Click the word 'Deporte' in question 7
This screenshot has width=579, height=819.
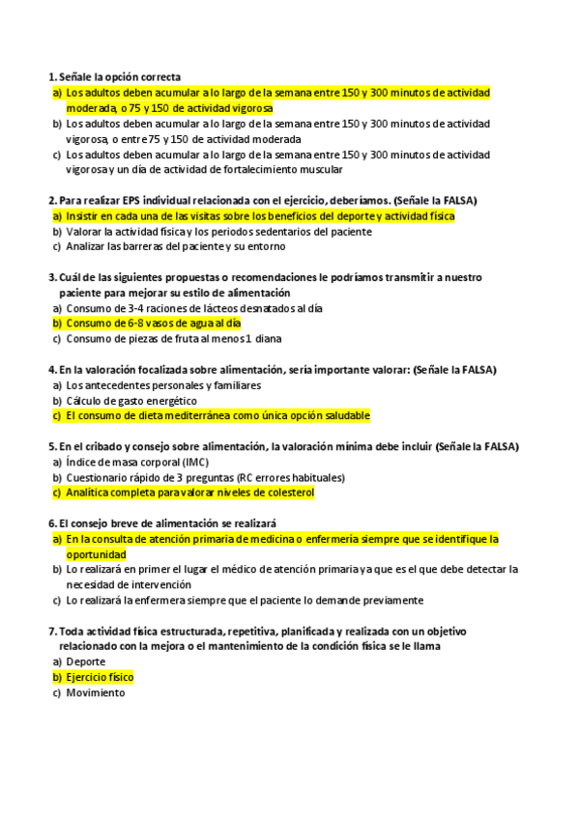[86, 662]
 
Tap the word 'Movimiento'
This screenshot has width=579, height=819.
[96, 692]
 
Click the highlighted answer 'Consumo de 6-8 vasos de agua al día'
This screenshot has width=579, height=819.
[153, 324]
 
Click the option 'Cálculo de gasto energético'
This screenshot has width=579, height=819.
[131, 400]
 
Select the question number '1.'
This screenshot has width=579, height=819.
[52, 76]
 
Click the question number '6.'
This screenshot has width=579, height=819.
[52, 523]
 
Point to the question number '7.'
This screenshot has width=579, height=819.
[52, 631]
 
